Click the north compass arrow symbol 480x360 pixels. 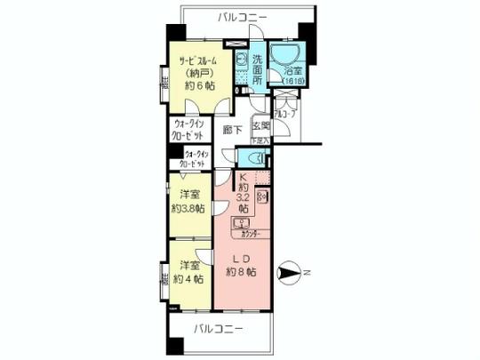click(290, 273)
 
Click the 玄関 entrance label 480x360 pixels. click(260, 126)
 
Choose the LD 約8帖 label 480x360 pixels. click(241, 265)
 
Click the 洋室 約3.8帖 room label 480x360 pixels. click(188, 203)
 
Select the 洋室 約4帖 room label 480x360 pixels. click(188, 273)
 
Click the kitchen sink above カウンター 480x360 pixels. click(239, 223)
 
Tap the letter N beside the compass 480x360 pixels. click(306, 272)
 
